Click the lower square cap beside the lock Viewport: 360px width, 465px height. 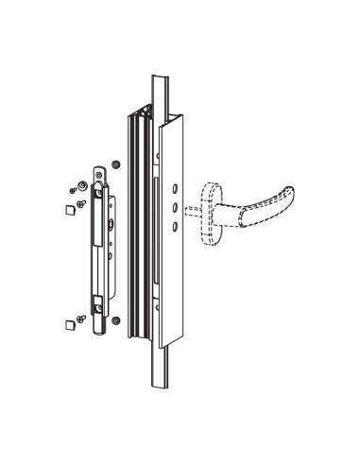click(x=70, y=325)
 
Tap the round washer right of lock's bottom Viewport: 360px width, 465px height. click(x=115, y=319)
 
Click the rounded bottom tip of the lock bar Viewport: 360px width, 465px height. click(x=98, y=331)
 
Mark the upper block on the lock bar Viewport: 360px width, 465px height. click(x=97, y=199)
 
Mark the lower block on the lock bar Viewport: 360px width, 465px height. click(x=97, y=304)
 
